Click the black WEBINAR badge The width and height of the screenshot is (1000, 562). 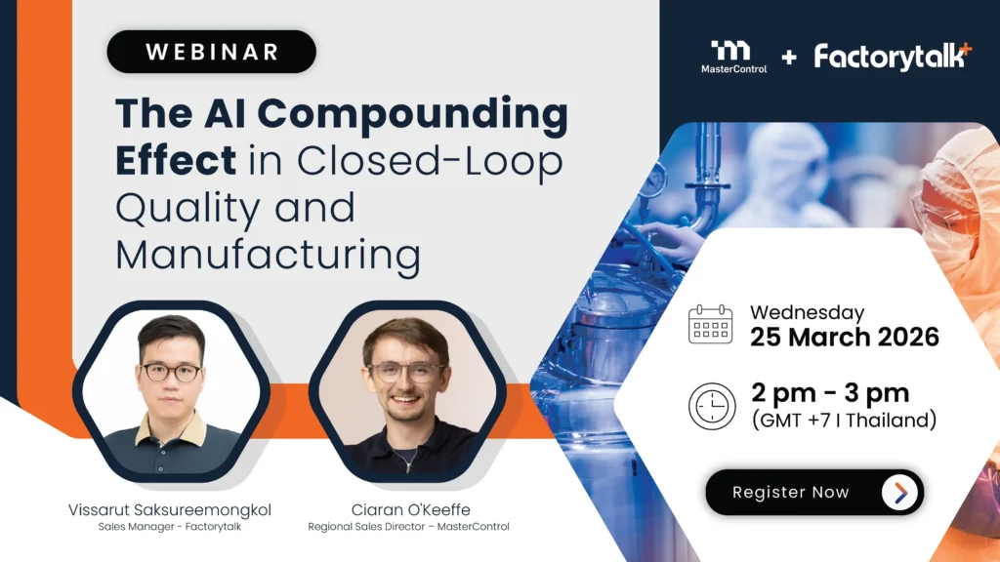pyautogui.click(x=211, y=52)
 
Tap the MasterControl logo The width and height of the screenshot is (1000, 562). pyautogui.click(x=733, y=58)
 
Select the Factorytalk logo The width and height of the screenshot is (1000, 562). pyautogui.click(x=893, y=57)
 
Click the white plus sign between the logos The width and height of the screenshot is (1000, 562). pyautogui.click(x=789, y=58)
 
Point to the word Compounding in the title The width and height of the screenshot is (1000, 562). pyautogui.click(x=413, y=115)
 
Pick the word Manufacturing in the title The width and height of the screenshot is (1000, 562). pyautogui.click(x=268, y=256)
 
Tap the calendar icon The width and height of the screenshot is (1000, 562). pyautogui.click(x=711, y=324)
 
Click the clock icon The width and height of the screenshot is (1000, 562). pyautogui.click(x=712, y=407)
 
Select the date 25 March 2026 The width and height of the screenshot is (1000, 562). pyautogui.click(x=845, y=337)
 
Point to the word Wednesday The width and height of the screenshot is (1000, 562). pyautogui.click(x=808, y=312)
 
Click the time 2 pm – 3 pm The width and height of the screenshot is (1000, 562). pyautogui.click(x=830, y=392)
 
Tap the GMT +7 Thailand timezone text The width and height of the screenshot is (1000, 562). pyautogui.click(x=845, y=421)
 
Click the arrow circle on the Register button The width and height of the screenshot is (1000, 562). pyautogui.click(x=899, y=492)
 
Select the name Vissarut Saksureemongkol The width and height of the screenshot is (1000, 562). pyautogui.click(x=170, y=509)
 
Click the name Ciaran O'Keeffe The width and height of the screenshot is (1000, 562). pyautogui.click(x=411, y=509)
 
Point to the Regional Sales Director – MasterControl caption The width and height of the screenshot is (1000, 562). pyautogui.click(x=409, y=527)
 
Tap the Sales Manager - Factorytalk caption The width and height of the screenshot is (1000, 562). pyautogui.click(x=170, y=527)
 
